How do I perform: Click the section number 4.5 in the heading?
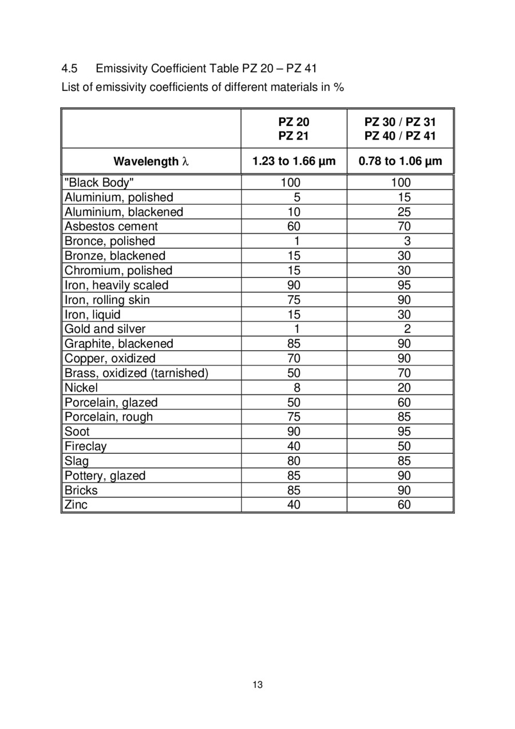click(69, 69)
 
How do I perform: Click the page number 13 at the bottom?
click(257, 685)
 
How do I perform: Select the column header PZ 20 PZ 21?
click(294, 129)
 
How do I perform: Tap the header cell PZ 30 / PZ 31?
click(400, 122)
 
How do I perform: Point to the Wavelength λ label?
click(151, 161)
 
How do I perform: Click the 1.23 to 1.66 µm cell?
click(294, 161)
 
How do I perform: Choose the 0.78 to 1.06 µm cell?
click(400, 161)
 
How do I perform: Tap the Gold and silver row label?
click(105, 329)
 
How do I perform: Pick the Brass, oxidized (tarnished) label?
click(136, 373)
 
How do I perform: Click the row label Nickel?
click(81, 388)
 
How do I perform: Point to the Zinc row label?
click(76, 505)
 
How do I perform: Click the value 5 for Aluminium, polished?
click(297, 197)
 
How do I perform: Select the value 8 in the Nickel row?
click(297, 388)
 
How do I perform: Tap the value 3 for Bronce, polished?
click(407, 241)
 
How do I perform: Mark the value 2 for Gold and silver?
click(407, 329)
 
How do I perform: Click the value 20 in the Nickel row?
click(404, 388)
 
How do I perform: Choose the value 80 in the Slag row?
click(294, 461)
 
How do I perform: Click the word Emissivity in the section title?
click(122, 69)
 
